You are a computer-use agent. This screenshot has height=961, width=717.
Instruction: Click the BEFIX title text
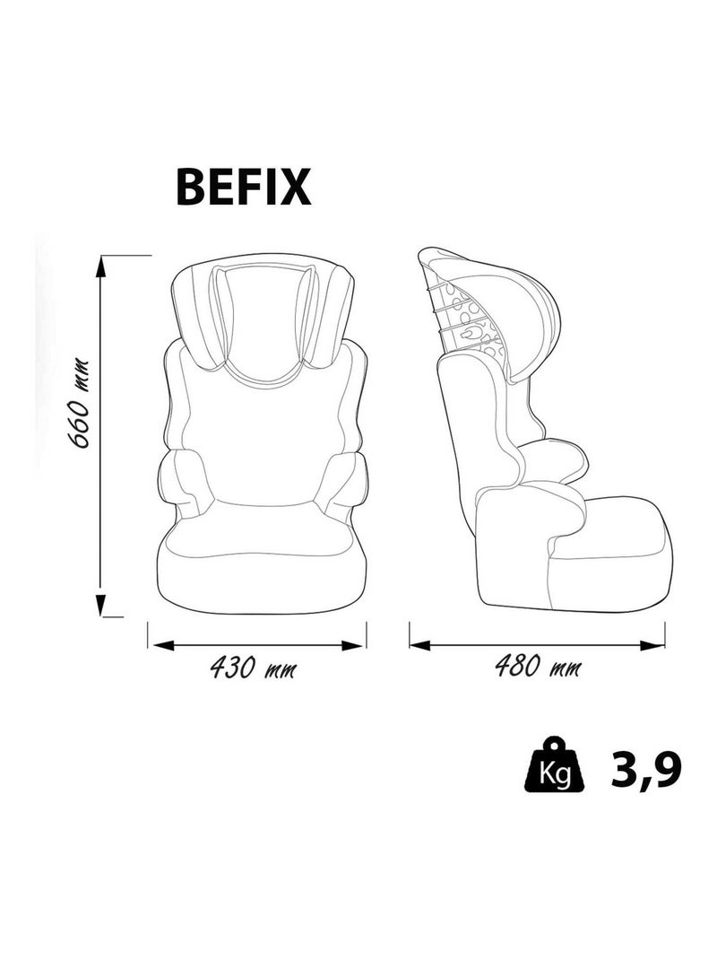pyautogui.click(x=243, y=187)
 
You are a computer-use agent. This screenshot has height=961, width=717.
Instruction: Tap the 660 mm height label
pyautogui.click(x=80, y=403)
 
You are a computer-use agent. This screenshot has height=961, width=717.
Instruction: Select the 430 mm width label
pyautogui.click(x=253, y=667)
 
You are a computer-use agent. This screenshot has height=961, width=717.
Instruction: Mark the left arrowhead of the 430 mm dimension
pyautogui.click(x=163, y=645)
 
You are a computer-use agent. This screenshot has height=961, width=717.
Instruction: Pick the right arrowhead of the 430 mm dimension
pyautogui.click(x=352, y=645)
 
